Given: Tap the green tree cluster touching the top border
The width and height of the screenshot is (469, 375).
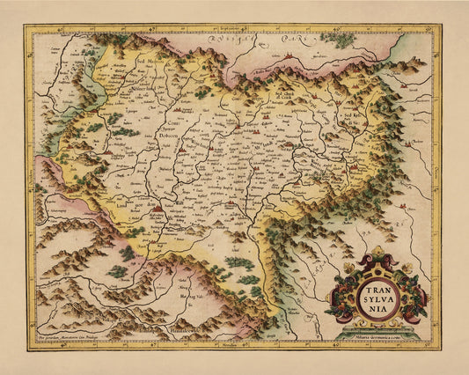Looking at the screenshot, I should coord(337,39).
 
